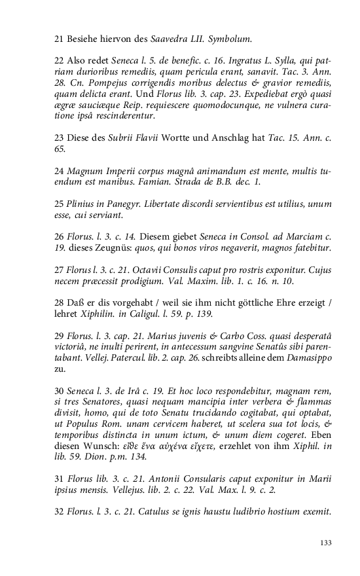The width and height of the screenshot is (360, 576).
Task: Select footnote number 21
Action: pos(58,39)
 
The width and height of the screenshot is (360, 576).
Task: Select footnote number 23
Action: pos(58,139)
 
